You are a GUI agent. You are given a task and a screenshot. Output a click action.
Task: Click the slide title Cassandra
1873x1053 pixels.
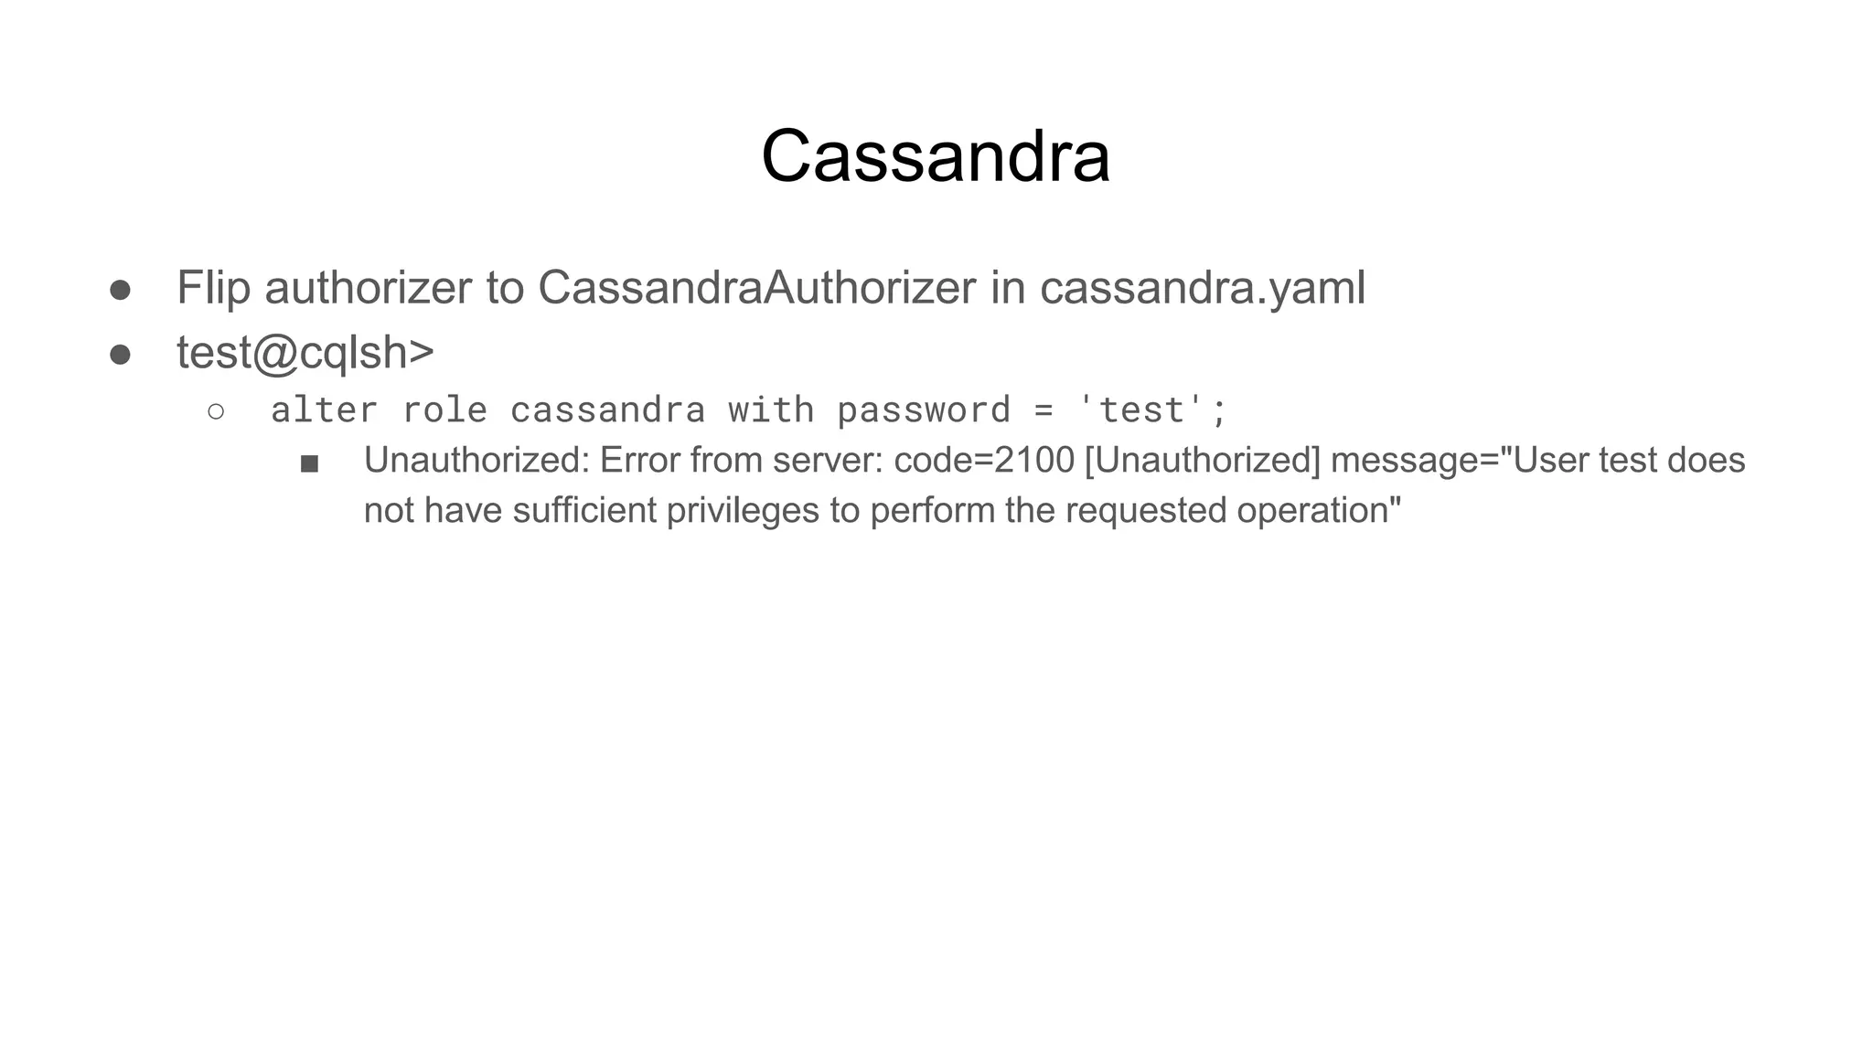(x=936, y=156)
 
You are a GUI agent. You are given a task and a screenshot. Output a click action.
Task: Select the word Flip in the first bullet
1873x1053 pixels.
(x=212, y=288)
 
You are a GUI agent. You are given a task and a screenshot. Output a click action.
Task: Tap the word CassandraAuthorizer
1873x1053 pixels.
(x=756, y=288)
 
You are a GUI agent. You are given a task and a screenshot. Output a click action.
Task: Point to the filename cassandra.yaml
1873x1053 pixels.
(x=1202, y=288)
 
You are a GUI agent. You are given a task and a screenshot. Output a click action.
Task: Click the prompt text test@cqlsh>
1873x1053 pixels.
(x=305, y=353)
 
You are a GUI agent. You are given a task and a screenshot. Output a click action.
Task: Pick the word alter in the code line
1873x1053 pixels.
(x=324, y=410)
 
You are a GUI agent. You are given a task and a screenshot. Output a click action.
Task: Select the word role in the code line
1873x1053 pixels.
(x=444, y=410)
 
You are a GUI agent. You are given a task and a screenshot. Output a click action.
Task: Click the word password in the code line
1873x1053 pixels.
(x=923, y=410)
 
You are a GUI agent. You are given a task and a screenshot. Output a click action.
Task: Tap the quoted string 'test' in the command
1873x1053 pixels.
(x=1141, y=410)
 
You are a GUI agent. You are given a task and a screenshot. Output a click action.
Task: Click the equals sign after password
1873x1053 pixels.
(x=1044, y=411)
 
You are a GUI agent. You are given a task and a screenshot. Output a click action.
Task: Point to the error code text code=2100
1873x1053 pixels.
(x=983, y=460)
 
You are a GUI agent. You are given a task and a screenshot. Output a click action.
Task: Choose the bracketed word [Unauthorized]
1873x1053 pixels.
(x=1202, y=460)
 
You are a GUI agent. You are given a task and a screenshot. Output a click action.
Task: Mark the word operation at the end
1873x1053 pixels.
(x=1318, y=510)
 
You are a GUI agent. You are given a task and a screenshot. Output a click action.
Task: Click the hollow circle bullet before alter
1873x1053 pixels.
(x=216, y=411)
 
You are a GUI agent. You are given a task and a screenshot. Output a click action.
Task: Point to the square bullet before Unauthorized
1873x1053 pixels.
(x=309, y=464)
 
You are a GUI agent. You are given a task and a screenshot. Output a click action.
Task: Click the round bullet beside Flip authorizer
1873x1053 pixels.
(x=120, y=290)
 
